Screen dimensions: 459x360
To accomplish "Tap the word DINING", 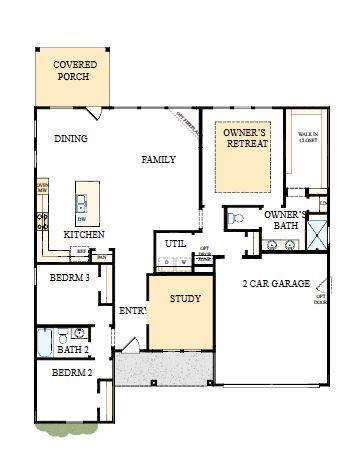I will click(x=70, y=139).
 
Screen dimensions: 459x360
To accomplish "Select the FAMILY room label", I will click(x=158, y=159).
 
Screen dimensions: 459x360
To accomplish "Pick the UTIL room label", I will click(x=175, y=243).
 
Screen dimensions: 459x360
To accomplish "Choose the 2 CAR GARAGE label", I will click(x=276, y=284).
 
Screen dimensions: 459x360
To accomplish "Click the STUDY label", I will click(x=185, y=299).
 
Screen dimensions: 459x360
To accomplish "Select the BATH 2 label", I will click(x=72, y=350).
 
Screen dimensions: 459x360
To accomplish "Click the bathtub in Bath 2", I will click(x=45, y=343).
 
